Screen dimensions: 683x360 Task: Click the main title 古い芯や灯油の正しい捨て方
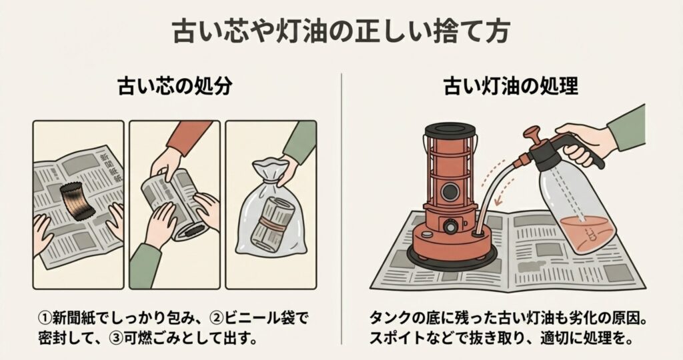[x=341, y=31]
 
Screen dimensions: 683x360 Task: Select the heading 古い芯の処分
[x=175, y=86]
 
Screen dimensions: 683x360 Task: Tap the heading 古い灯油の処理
[x=511, y=86]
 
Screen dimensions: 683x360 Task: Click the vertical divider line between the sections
[x=341, y=209]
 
